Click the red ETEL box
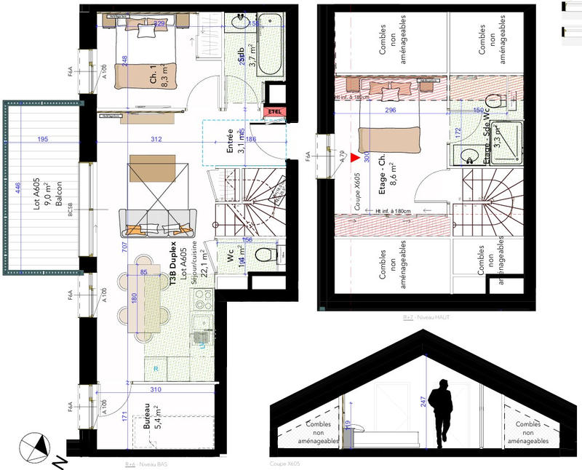(275, 111)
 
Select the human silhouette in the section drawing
(439, 413)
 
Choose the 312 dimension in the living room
(156, 139)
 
